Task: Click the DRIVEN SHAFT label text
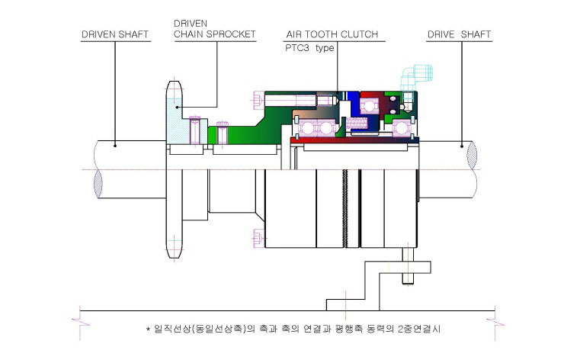(115, 34)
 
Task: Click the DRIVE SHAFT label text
(459, 34)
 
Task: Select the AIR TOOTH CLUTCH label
(332, 34)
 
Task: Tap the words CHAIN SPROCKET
(215, 34)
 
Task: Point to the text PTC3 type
(309, 48)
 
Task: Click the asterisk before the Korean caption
(148, 329)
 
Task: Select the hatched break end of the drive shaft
(472, 155)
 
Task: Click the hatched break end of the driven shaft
(98, 184)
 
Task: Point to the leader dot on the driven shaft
(115, 146)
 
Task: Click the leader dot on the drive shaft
(462, 146)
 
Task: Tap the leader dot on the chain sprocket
(177, 107)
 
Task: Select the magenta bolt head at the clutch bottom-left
(258, 238)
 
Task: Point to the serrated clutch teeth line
(345, 208)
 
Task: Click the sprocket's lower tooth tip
(175, 256)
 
